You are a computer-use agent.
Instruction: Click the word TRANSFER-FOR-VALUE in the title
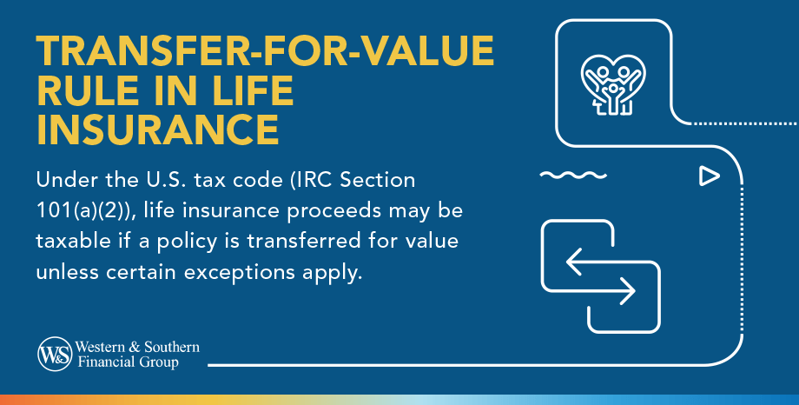pyautogui.click(x=265, y=55)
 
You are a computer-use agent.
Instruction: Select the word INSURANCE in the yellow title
pyautogui.click(x=157, y=130)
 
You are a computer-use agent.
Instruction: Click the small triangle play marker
pyautogui.click(x=710, y=176)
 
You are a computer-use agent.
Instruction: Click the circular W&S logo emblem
pyautogui.click(x=53, y=354)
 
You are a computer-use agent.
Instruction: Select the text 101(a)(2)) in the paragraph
pyautogui.click(x=83, y=211)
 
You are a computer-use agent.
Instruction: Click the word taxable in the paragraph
pyautogui.click(x=65, y=240)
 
